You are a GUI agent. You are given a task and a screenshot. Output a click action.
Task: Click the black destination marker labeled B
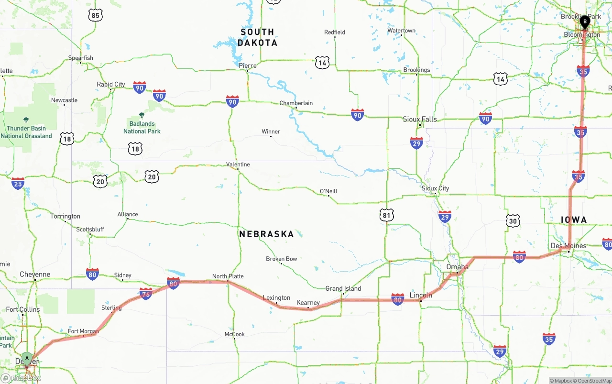584,21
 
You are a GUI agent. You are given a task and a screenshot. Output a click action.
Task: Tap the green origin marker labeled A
27,358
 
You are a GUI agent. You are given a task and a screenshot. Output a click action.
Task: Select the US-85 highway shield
95,16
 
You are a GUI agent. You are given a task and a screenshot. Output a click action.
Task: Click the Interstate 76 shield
146,294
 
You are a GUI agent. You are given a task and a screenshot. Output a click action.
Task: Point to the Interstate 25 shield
18,183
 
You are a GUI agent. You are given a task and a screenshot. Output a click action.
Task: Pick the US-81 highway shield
386,215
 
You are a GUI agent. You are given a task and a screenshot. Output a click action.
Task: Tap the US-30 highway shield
513,220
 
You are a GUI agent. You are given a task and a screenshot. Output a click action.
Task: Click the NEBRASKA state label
266,234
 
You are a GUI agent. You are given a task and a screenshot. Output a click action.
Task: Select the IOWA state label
573,219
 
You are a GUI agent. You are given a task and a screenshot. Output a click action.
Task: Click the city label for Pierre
248,66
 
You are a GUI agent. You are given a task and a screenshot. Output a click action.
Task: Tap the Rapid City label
111,84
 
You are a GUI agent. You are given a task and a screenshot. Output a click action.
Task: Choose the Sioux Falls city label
420,119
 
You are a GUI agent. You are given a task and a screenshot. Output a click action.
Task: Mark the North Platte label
228,276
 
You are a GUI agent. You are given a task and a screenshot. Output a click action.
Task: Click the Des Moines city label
568,246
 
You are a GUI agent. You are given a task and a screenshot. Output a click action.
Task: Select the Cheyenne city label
35,274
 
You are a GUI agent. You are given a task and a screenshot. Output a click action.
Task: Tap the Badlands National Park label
142,127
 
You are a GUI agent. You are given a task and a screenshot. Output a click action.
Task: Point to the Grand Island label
343,288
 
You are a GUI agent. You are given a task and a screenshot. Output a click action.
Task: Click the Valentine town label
238,164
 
